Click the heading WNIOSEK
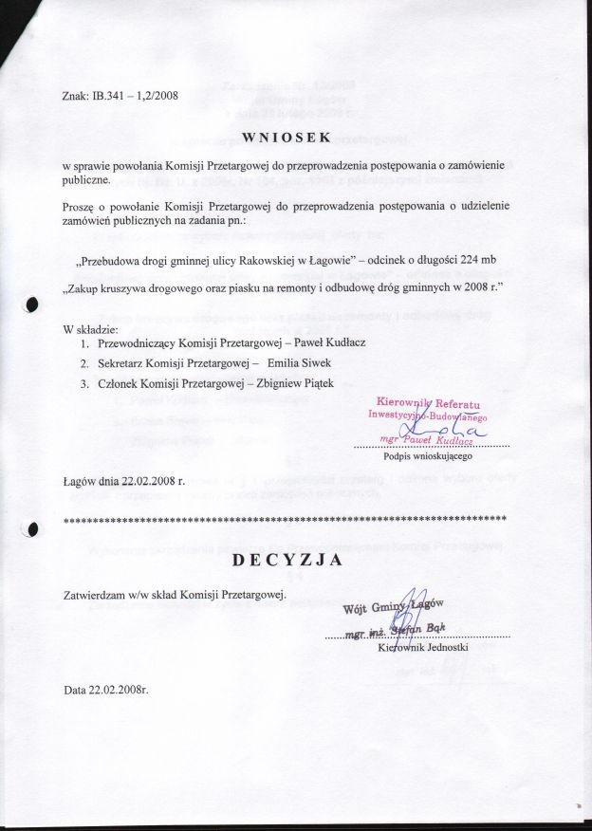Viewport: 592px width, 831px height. pyautogui.click(x=287, y=137)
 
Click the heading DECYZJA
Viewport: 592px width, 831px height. pyautogui.click(x=287, y=561)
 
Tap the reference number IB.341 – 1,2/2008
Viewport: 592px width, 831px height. pyautogui.click(x=135, y=95)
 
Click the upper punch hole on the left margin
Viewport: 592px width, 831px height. pyautogui.click(x=32, y=305)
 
